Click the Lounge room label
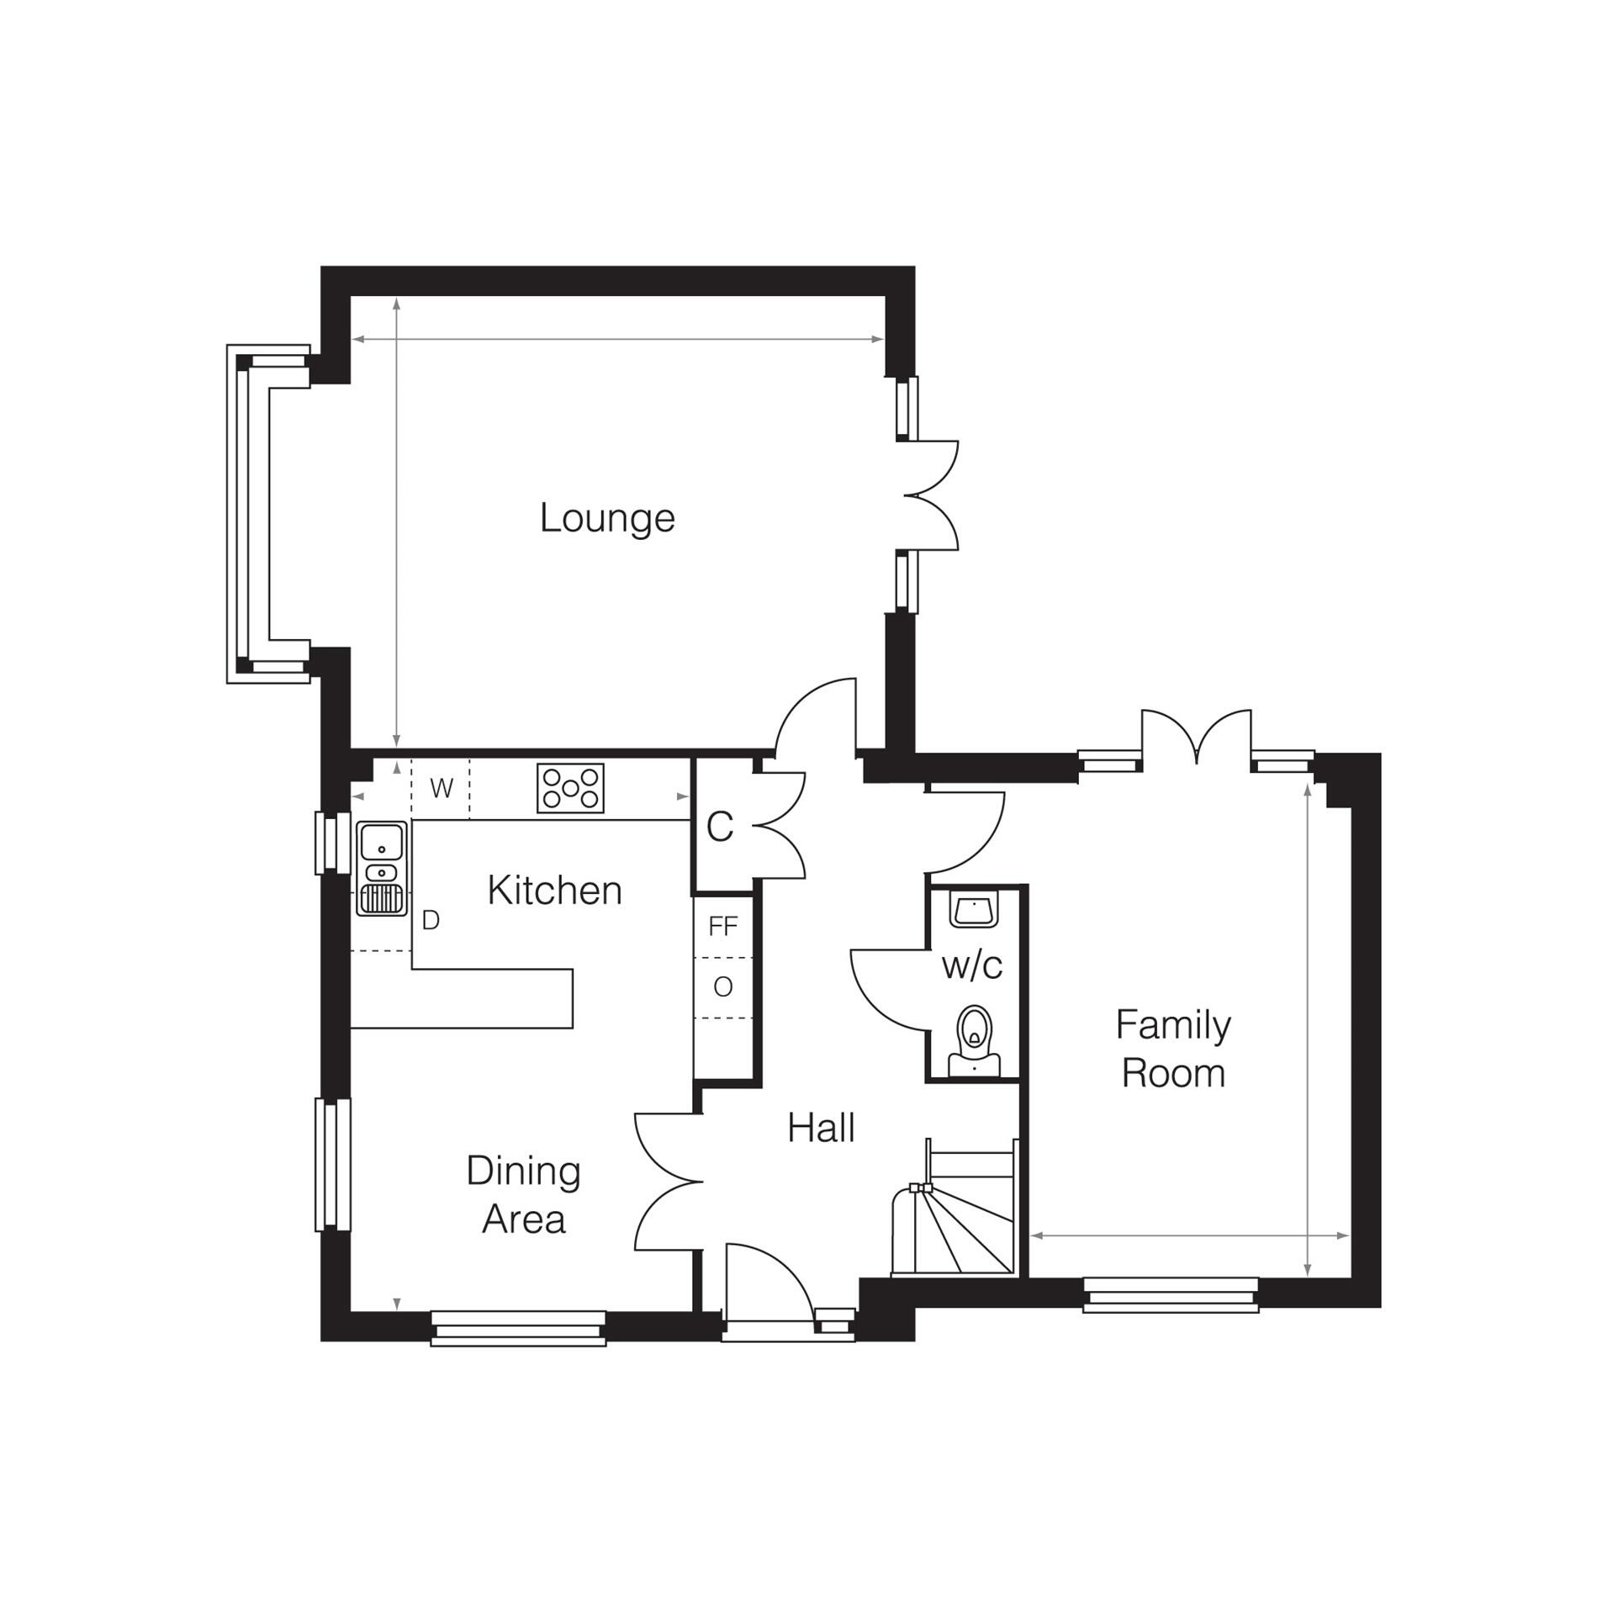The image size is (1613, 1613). [x=606, y=518]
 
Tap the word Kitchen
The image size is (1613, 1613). [x=554, y=891]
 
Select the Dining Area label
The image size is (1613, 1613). [x=523, y=1194]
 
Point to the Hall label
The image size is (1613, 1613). [x=821, y=1128]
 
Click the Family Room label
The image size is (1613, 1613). [x=1172, y=1049]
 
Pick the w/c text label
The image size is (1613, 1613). [x=972, y=965]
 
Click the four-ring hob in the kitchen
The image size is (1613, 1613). [x=570, y=788]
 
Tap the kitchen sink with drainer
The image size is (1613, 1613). [x=383, y=868]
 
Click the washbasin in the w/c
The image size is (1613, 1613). [x=973, y=909]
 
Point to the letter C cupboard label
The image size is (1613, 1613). [x=720, y=827]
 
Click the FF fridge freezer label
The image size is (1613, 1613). [x=723, y=927]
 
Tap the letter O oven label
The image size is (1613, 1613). [x=722, y=987]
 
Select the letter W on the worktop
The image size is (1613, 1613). [x=442, y=789]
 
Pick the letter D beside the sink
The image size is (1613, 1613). [x=431, y=921]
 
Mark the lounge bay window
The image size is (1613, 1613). [x=252, y=514]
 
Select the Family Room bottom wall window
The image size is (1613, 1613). [x=1170, y=1294]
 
